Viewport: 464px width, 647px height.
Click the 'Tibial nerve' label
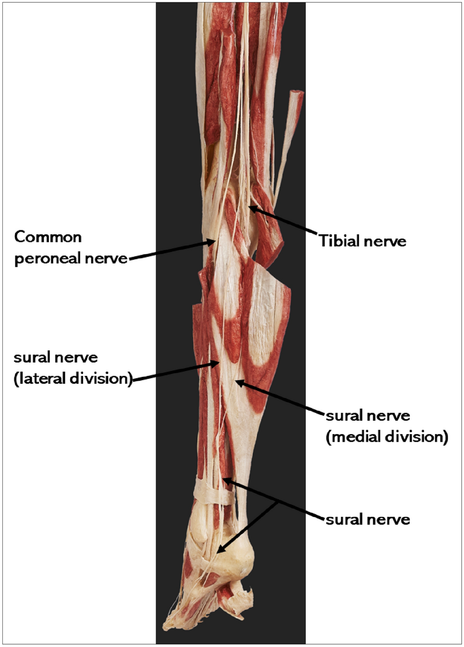363,241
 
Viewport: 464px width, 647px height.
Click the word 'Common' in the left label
48,237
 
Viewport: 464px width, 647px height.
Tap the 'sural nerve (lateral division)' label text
72,368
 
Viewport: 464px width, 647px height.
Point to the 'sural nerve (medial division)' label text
387,426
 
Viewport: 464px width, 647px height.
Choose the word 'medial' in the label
357,437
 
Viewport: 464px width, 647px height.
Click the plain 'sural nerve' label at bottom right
367,520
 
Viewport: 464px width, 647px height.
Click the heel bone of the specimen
235,558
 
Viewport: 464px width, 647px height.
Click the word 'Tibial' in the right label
338,241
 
